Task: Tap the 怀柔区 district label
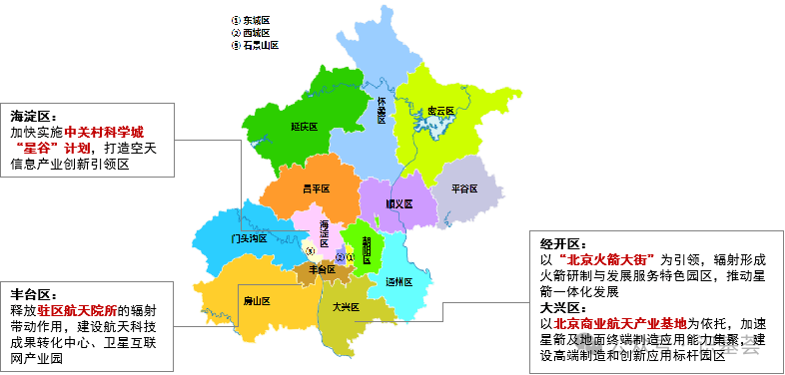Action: click(x=382, y=109)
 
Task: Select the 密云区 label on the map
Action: click(x=440, y=111)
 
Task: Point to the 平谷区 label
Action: click(x=464, y=188)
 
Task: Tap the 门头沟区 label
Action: click(x=248, y=239)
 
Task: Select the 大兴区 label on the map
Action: click(x=346, y=307)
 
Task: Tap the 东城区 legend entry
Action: click(x=256, y=20)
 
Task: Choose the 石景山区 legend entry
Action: click(x=260, y=45)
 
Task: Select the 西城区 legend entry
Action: click(x=256, y=33)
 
